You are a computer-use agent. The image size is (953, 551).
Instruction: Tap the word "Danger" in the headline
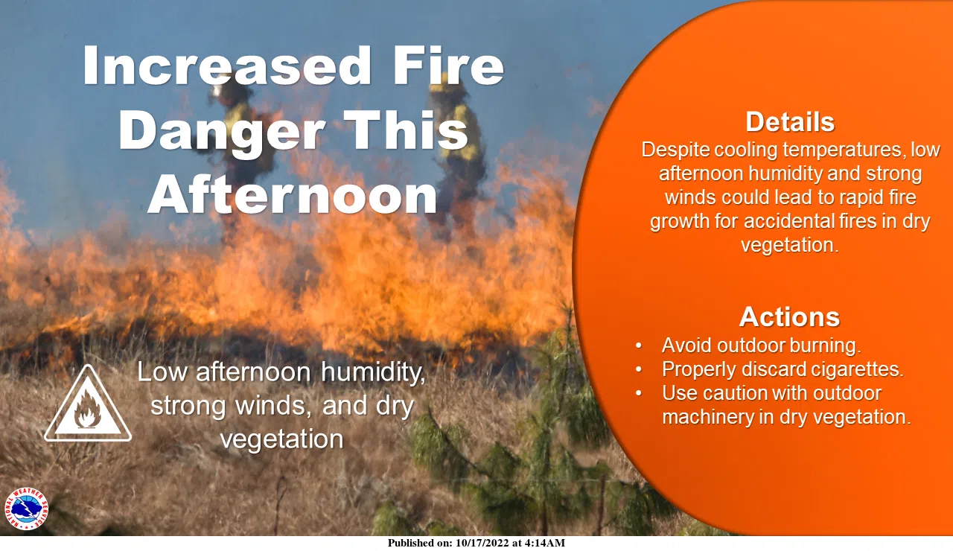click(x=221, y=132)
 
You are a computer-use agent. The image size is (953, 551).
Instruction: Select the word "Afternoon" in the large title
click(x=292, y=196)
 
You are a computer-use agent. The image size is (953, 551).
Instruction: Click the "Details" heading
click(x=790, y=121)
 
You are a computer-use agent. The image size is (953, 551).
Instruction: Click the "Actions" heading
click(x=789, y=317)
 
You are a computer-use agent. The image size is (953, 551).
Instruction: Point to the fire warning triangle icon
click(x=88, y=406)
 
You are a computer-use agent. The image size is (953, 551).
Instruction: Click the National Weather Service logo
click(x=26, y=509)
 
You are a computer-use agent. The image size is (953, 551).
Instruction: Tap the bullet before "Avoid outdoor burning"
click(x=639, y=346)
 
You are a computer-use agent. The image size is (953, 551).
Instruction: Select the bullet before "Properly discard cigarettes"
click(x=639, y=370)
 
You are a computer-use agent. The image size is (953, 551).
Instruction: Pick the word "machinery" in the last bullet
click(x=707, y=417)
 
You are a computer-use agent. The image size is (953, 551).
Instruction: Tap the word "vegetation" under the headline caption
click(x=281, y=439)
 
